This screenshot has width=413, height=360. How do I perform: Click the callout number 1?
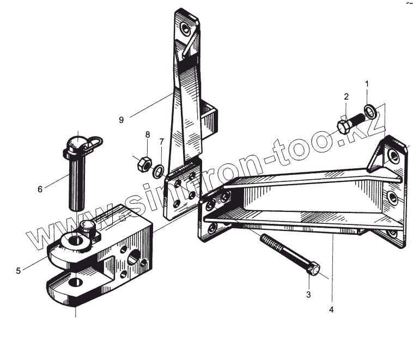pyautogui.click(x=367, y=84)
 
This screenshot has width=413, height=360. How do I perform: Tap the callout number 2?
pyautogui.click(x=346, y=97)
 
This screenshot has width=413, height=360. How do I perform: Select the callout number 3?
pyautogui.click(x=308, y=295)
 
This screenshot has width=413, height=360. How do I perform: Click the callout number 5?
pyautogui.click(x=18, y=270)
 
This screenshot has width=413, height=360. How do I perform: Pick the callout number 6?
pyautogui.click(x=40, y=189)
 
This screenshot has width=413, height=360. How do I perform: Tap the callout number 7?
pyautogui.click(x=161, y=142)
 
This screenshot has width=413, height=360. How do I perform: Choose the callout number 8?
pyautogui.click(x=147, y=135)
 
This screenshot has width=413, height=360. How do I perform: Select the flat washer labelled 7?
pyautogui.click(x=157, y=172)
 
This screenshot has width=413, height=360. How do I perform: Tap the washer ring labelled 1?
pyautogui.click(x=370, y=112)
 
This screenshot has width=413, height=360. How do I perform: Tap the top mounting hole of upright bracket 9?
pyautogui.click(x=187, y=28)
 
